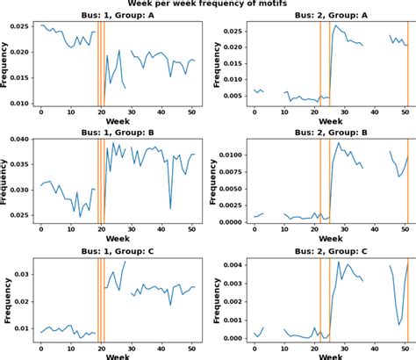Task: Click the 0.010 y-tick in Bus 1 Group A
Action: [18, 104]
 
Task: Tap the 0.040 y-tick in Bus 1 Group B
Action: [18, 140]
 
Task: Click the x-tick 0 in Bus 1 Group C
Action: [41, 349]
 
